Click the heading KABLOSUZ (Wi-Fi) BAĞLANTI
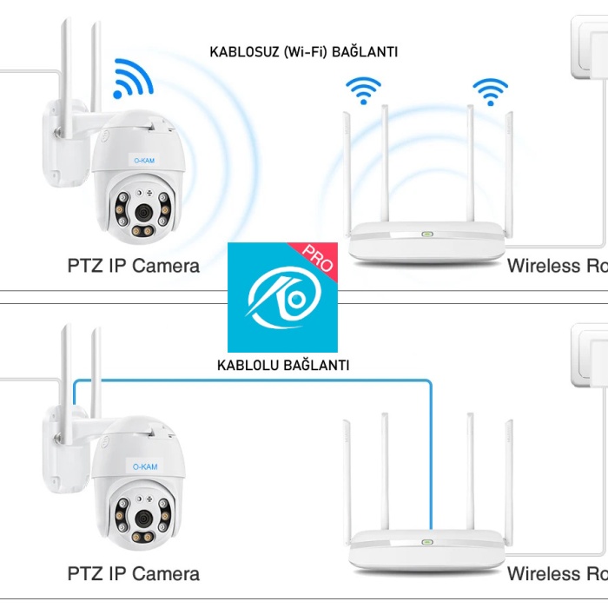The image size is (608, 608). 303,52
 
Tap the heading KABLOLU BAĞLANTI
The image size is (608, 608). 283,366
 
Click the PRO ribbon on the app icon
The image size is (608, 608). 318,260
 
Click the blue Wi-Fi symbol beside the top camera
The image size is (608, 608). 132,79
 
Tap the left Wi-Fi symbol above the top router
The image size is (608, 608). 363,89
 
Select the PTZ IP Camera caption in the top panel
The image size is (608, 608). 133,266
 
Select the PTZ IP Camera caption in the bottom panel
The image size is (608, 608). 133,573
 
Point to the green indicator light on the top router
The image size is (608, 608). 426,234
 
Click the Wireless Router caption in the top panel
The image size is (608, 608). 557,266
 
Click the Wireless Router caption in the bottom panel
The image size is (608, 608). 557,573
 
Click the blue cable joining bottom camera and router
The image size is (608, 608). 261,380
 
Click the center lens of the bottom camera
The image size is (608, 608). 142,519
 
